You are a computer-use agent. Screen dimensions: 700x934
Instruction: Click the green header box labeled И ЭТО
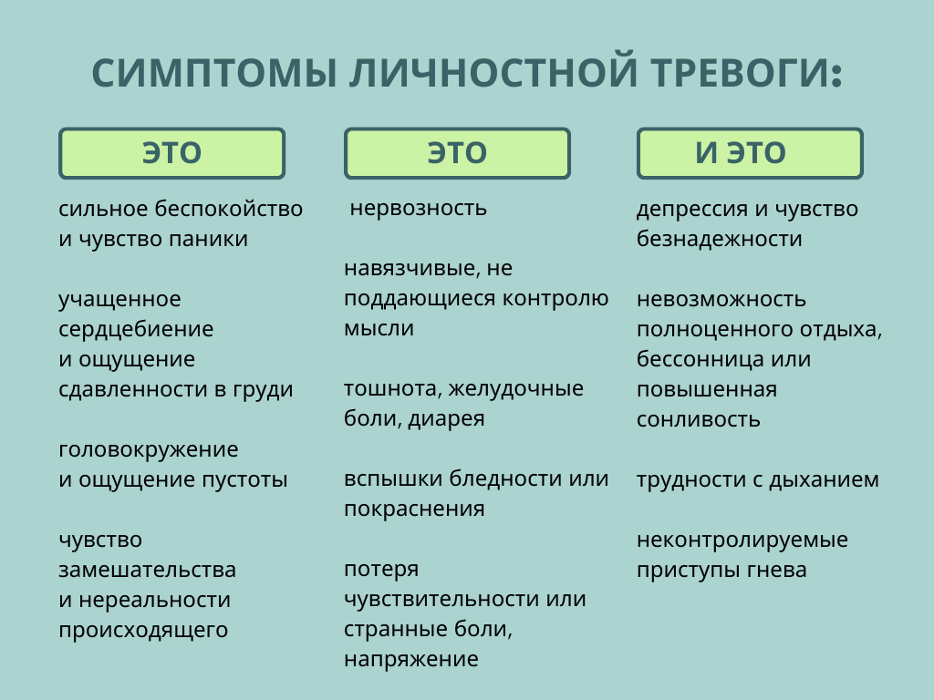pyautogui.click(x=749, y=153)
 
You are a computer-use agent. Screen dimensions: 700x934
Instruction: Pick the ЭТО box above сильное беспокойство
pyautogui.click(x=171, y=153)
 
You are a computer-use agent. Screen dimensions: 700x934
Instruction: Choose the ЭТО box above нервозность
pyautogui.click(x=457, y=153)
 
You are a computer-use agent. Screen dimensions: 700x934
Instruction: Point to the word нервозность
pyautogui.click(x=419, y=208)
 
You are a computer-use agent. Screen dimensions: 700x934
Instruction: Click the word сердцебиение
pyautogui.click(x=136, y=329)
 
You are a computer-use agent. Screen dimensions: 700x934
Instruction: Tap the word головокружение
pyautogui.click(x=149, y=449)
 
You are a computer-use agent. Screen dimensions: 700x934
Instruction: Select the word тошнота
pyautogui.click(x=380, y=389)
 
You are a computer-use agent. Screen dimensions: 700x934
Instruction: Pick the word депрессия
pyautogui.click(x=691, y=209)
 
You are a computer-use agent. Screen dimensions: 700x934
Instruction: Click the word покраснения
pyautogui.click(x=414, y=509)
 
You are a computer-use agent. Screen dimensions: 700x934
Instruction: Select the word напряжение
pyautogui.click(x=410, y=659)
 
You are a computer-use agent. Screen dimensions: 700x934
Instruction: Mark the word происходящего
pyautogui.click(x=143, y=630)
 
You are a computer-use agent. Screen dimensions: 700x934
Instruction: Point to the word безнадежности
pyautogui.click(x=719, y=239)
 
